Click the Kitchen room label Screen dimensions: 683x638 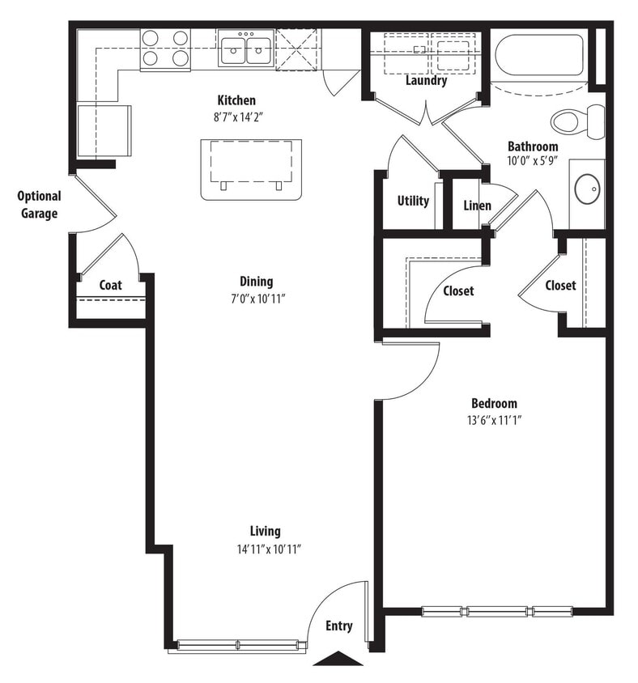coord(236,100)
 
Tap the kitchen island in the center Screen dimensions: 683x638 coord(251,168)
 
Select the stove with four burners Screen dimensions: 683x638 coord(165,49)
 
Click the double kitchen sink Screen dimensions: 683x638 coord(246,50)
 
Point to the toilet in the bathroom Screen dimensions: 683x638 coord(577,121)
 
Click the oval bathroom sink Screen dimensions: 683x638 coord(587,189)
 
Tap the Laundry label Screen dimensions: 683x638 coord(426,81)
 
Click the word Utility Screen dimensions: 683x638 coord(413,201)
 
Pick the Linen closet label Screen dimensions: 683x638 coord(477,206)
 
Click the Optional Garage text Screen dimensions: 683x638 coord(39,206)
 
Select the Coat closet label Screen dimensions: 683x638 coord(110,285)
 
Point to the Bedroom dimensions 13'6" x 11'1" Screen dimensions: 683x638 coord(494,420)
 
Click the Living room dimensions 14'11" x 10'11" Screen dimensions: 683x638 coord(265,548)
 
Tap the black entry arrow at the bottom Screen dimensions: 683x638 coord(338,659)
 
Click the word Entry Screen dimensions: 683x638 coord(339,626)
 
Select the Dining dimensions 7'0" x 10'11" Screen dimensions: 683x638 coord(256,298)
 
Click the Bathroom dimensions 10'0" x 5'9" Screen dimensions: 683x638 coord(533,162)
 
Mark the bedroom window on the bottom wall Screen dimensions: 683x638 coord(497,611)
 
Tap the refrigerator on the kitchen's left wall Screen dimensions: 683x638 coord(103,130)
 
